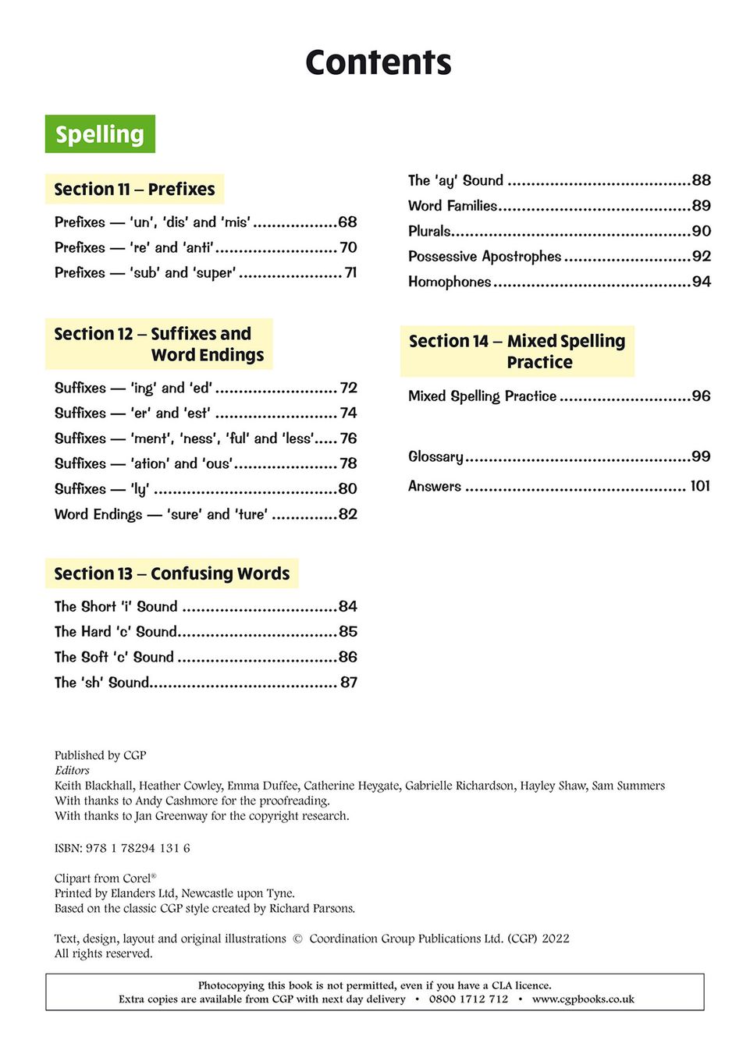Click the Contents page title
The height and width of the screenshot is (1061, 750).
[x=378, y=62]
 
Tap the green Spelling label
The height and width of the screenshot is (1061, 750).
[x=100, y=134]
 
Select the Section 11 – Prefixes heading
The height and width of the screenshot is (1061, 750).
[x=134, y=189]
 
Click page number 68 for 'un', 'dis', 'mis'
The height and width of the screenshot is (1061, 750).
[x=347, y=222]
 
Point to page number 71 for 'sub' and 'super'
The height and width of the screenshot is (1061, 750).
[x=350, y=273]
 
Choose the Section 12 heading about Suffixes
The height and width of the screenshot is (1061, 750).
[x=158, y=344]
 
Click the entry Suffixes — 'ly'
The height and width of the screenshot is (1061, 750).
[x=101, y=489]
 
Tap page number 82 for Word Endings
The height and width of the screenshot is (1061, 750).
[x=347, y=514]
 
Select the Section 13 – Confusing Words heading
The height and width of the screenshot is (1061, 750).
[x=172, y=573]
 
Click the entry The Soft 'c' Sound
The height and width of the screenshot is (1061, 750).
[x=114, y=657]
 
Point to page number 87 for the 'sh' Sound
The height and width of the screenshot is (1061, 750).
[x=348, y=683]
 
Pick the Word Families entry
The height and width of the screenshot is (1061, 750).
[x=453, y=206]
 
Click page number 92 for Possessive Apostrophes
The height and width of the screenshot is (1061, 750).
[x=701, y=257]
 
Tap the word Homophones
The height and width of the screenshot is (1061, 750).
[x=450, y=282]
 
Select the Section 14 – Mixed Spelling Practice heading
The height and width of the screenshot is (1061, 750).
[x=517, y=351]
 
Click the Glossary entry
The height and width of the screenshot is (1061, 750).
[x=435, y=456]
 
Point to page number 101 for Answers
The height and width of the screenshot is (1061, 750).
[x=700, y=486]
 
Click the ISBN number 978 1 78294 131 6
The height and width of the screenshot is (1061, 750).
[x=137, y=848]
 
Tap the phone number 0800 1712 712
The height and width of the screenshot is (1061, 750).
[x=468, y=999]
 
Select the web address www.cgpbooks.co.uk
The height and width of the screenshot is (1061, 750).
[x=583, y=999]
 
